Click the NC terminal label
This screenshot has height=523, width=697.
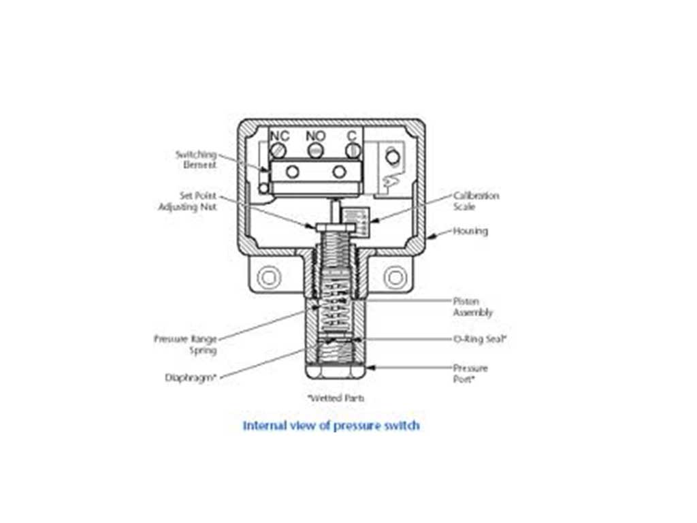click(x=280, y=136)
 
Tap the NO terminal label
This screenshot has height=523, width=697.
click(x=316, y=136)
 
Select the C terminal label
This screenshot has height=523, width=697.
click(x=352, y=136)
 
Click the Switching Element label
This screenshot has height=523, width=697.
click(x=196, y=159)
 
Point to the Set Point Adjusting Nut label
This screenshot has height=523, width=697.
click(x=188, y=201)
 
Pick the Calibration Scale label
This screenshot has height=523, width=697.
click(x=476, y=201)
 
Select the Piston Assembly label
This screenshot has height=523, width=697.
click(x=473, y=306)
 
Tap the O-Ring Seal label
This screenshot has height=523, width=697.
click(x=481, y=338)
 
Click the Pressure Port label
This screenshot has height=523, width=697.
click(x=471, y=373)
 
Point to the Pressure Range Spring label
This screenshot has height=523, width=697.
click(x=185, y=344)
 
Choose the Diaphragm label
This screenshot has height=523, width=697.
click(x=191, y=376)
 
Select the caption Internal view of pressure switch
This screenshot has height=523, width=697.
click(x=331, y=426)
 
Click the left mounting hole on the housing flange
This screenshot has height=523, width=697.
click(x=268, y=277)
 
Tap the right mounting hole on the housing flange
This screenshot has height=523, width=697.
click(x=395, y=277)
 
